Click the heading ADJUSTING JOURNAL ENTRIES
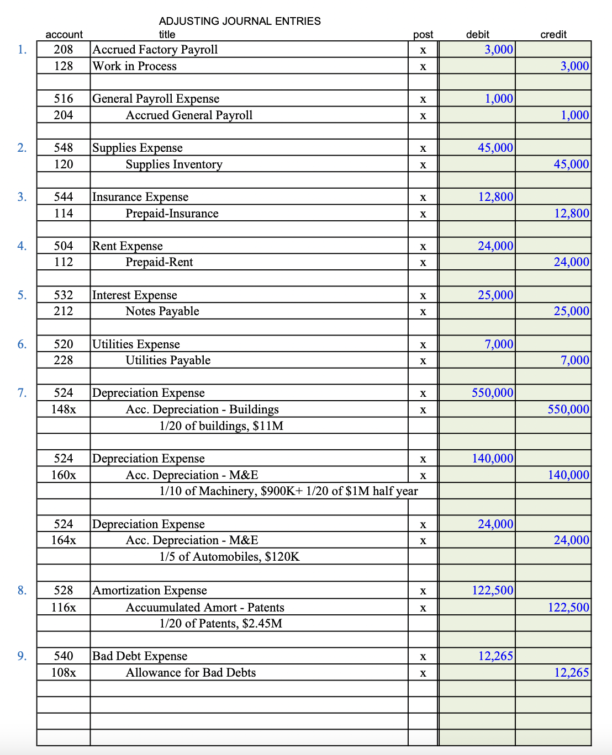pyautogui.click(x=240, y=21)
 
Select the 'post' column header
pyautogui.click(x=423, y=34)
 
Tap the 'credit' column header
pyautogui.click(x=553, y=34)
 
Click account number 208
pyautogui.click(x=64, y=49)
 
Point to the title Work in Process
pyautogui.click(x=135, y=66)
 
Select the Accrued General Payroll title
pyautogui.click(x=189, y=115)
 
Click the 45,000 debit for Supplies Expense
pyautogui.click(x=495, y=147)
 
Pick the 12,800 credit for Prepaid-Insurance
pyautogui.click(x=572, y=213)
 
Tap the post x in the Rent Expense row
pyautogui.click(x=423, y=246)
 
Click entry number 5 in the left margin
pyautogui.click(x=22, y=295)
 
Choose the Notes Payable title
pyautogui.click(x=162, y=311)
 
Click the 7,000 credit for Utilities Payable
pyautogui.click(x=574, y=360)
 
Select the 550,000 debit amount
pyautogui.click(x=492, y=392)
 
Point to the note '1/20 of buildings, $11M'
pyautogui.click(x=221, y=426)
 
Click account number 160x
pyautogui.click(x=64, y=475)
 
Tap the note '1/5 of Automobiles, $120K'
pyautogui.click(x=229, y=556)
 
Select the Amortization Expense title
pyautogui.click(x=150, y=590)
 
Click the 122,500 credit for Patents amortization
pyautogui.click(x=568, y=607)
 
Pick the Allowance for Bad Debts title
pyautogui.click(x=191, y=672)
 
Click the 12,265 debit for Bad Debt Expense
pyautogui.click(x=495, y=656)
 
